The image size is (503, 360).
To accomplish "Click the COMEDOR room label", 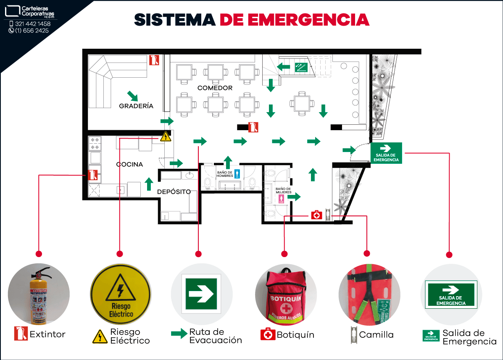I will (x=215, y=88).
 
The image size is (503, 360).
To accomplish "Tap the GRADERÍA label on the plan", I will (x=136, y=106).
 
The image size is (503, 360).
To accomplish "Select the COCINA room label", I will (x=129, y=164).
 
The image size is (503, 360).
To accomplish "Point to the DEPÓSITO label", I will (x=174, y=192).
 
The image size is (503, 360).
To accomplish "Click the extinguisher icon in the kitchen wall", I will (x=93, y=174).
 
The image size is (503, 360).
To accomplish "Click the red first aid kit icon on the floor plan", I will (x=316, y=215).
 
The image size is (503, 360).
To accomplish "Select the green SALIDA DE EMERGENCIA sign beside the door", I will (x=386, y=152).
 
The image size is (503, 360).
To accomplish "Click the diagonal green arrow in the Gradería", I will (x=133, y=95).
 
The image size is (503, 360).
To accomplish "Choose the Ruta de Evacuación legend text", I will (x=215, y=336).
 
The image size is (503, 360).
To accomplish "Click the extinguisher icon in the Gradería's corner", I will (x=154, y=60).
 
